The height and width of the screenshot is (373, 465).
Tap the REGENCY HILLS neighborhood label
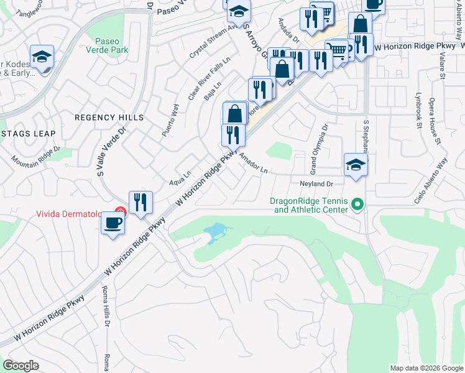click(109, 117)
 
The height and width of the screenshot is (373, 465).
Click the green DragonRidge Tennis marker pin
click(357, 204)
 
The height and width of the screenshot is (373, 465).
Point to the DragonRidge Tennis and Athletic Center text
click(308, 205)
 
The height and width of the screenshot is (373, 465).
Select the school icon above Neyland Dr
click(355, 165)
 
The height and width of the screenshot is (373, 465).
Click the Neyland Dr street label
click(316, 184)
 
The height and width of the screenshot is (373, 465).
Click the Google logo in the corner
click(21, 365)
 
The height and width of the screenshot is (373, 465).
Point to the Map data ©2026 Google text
click(426, 368)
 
